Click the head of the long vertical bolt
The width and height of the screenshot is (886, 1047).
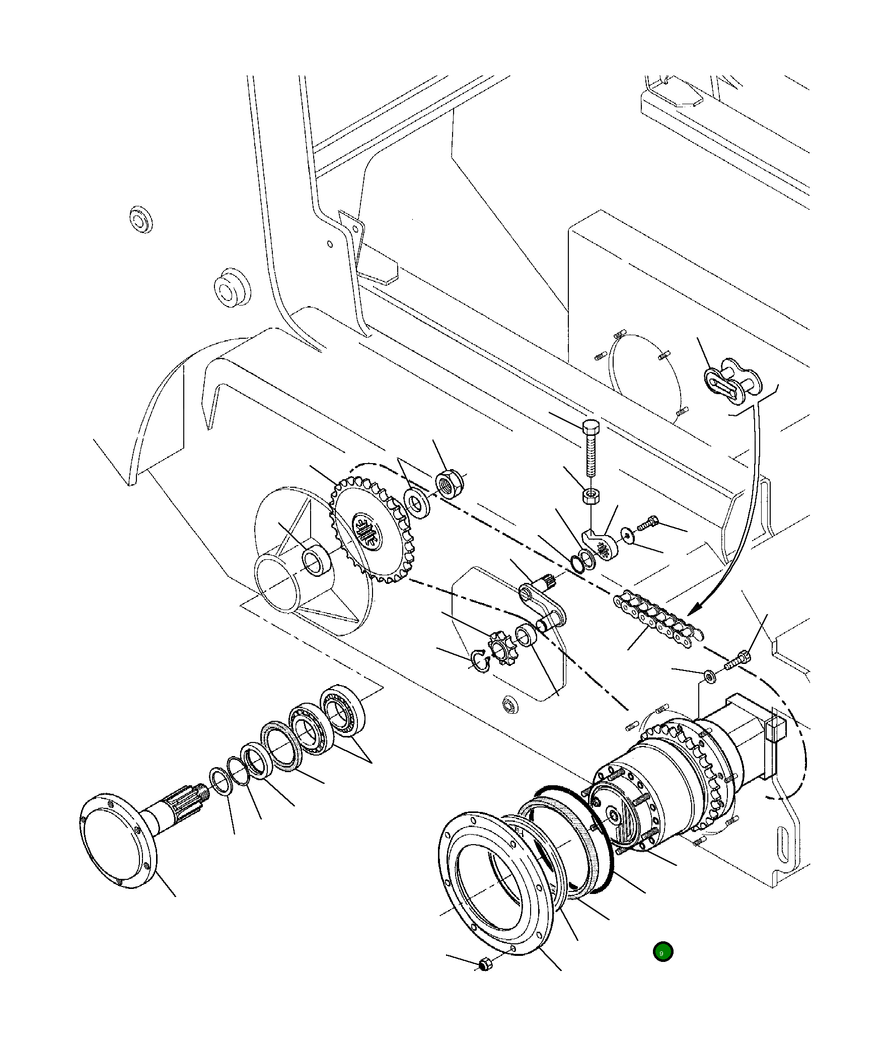click(590, 428)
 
